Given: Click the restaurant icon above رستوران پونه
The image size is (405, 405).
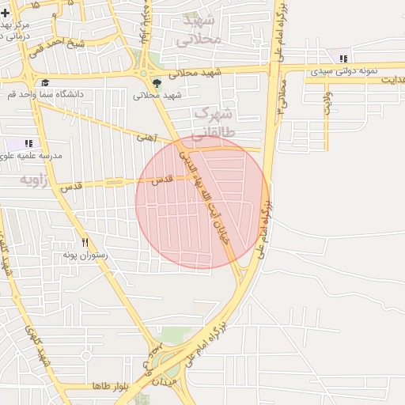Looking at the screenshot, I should coord(85,243).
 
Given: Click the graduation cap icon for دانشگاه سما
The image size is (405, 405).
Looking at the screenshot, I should coord(46,83).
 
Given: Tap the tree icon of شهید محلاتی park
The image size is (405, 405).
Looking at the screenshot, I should coord(157,82).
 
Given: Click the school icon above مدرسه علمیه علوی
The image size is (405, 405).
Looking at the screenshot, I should coord(29,143).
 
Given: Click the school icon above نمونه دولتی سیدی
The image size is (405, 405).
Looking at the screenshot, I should coord(343,59).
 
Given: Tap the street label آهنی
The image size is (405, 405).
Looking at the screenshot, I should coord(146,137).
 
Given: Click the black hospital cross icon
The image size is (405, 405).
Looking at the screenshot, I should coord(6,14).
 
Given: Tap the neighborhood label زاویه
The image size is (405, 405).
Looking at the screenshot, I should coord(35,180).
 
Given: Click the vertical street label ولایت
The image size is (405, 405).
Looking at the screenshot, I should coord(326,104).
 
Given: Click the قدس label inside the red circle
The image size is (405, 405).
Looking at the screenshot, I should coord(162,180).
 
